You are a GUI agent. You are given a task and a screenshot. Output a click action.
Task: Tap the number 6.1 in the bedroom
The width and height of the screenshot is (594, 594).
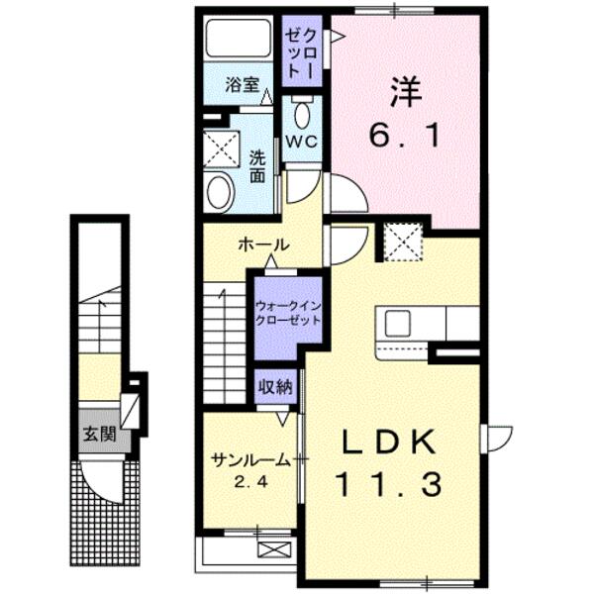(406, 136)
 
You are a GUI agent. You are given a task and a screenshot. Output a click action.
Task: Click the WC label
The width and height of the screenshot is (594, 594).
(301, 141)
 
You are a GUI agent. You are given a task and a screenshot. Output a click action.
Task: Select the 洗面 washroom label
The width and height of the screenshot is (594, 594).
(256, 165)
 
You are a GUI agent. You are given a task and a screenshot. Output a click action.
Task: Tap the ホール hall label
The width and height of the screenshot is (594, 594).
(262, 245)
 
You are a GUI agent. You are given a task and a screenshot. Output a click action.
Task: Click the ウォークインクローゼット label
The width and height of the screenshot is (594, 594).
(288, 314)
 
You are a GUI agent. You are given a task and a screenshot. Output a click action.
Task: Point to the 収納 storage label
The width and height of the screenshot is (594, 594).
(276, 387)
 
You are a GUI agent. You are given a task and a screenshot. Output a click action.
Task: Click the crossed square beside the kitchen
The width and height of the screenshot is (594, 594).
(403, 241)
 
